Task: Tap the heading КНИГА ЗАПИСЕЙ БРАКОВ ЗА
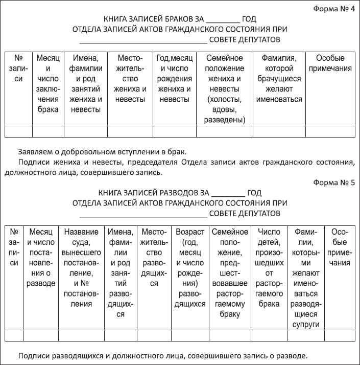pyautogui.click(x=154, y=19)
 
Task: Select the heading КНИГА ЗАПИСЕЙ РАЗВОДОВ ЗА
pyautogui.click(x=153, y=193)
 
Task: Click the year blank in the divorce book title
pyautogui.click(x=228, y=194)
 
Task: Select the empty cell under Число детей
pyautogui.click(x=269, y=336)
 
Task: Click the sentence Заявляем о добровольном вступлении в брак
pyautogui.click(x=102, y=152)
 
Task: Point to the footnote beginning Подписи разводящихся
pyautogui.click(x=162, y=355)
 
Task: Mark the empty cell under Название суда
pyautogui.click(x=82, y=336)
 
